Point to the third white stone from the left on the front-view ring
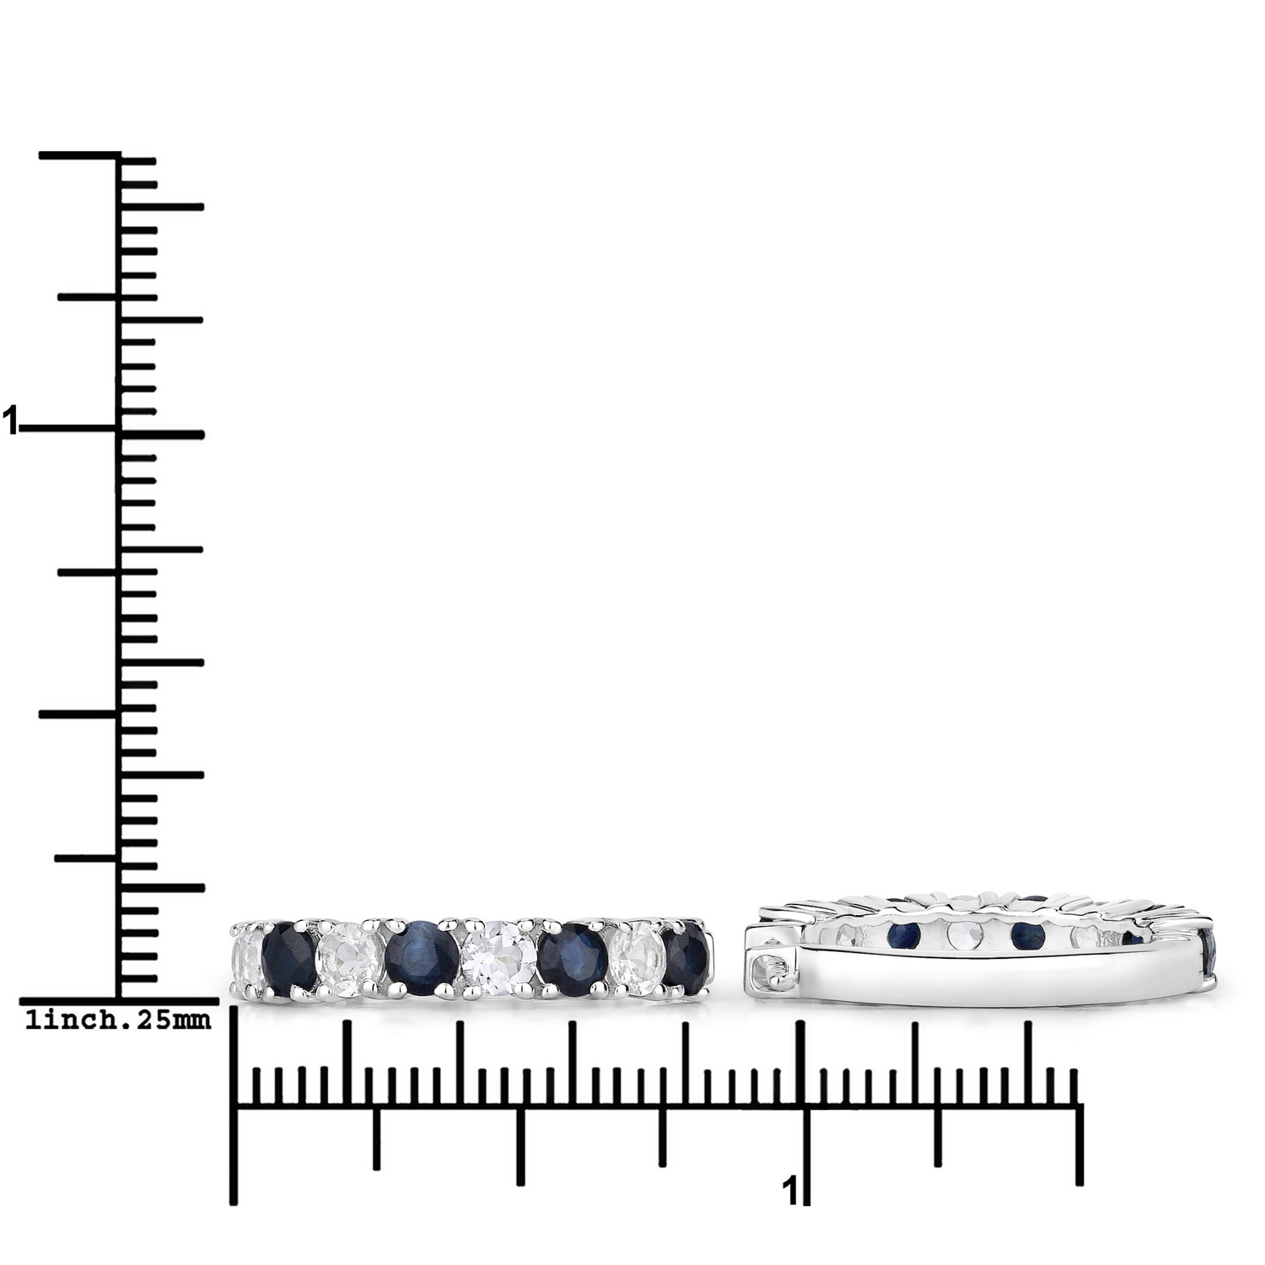click(x=496, y=957)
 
